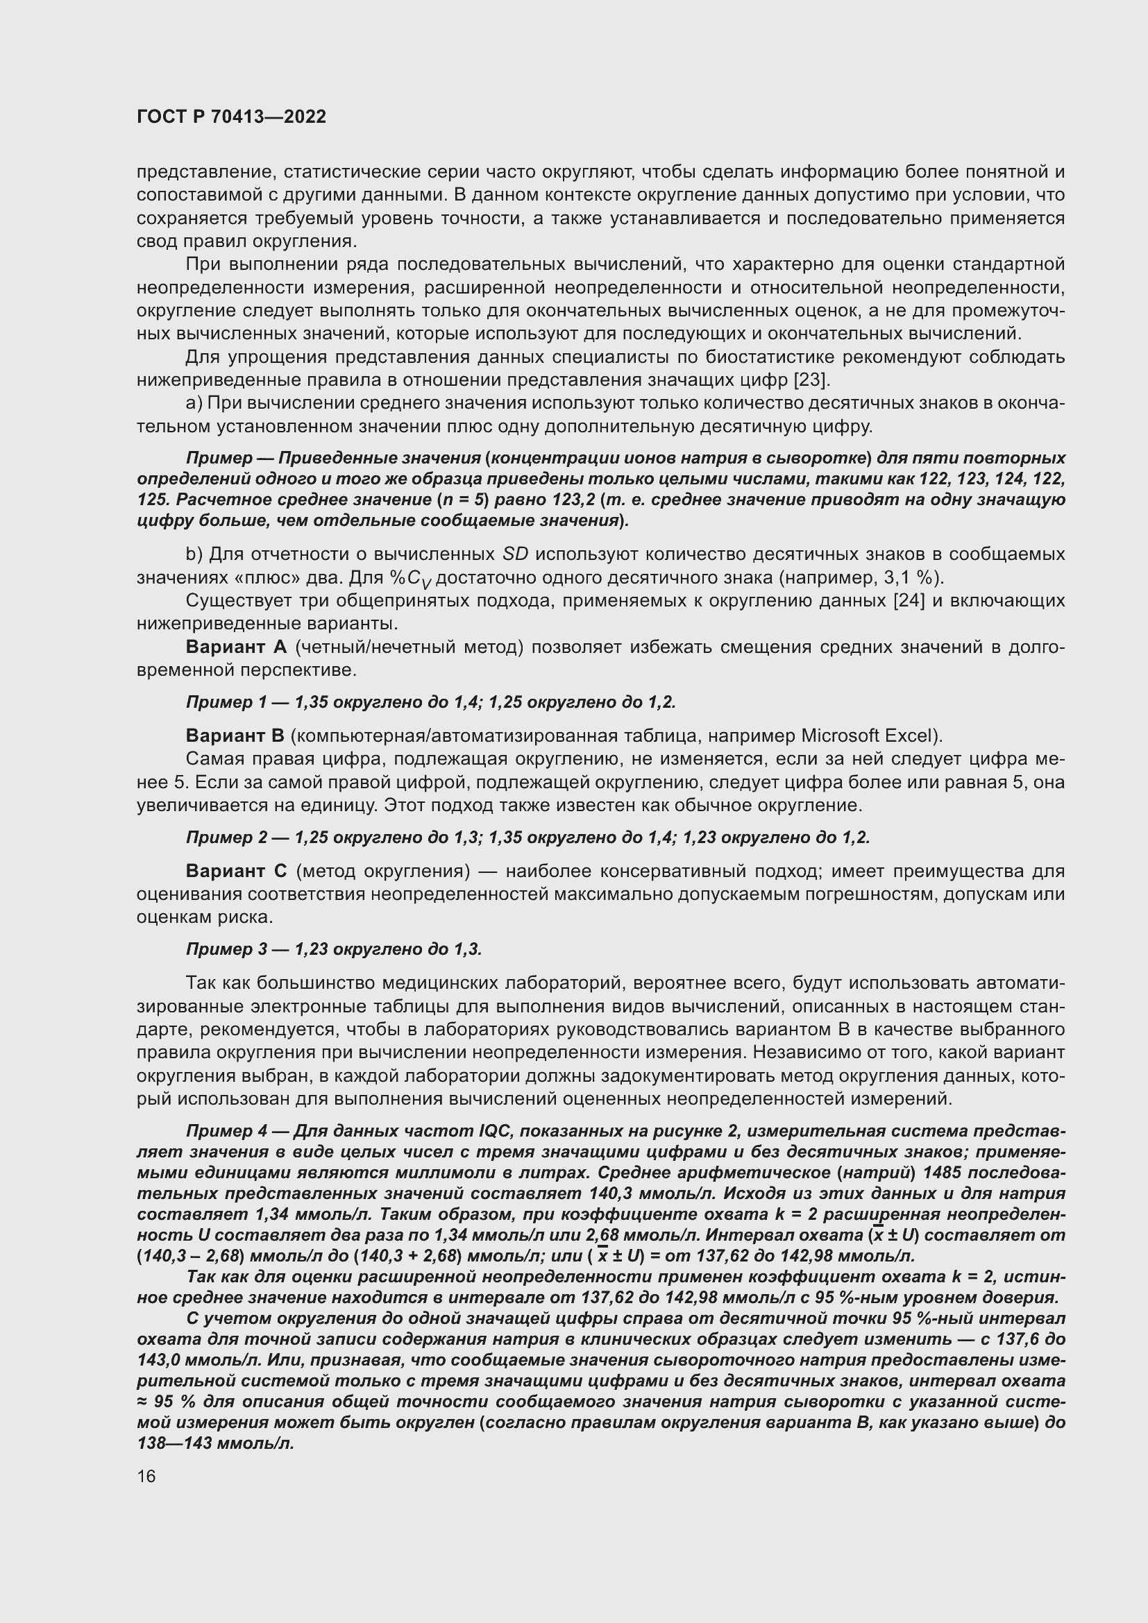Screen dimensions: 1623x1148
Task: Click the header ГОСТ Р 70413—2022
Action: pos(232,117)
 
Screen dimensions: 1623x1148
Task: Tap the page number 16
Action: pos(146,1476)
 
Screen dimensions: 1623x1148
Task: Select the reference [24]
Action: pos(910,601)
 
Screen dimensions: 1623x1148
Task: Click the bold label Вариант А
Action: pos(235,647)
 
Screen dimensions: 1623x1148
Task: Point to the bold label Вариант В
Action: pos(235,736)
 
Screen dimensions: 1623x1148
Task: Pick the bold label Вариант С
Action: pos(236,871)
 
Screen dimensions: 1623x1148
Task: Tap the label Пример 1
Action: pos(227,702)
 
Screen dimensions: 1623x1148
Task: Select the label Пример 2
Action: pos(227,838)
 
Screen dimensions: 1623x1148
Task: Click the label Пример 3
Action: pos(227,949)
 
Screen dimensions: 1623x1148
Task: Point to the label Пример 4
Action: pos(227,1131)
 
